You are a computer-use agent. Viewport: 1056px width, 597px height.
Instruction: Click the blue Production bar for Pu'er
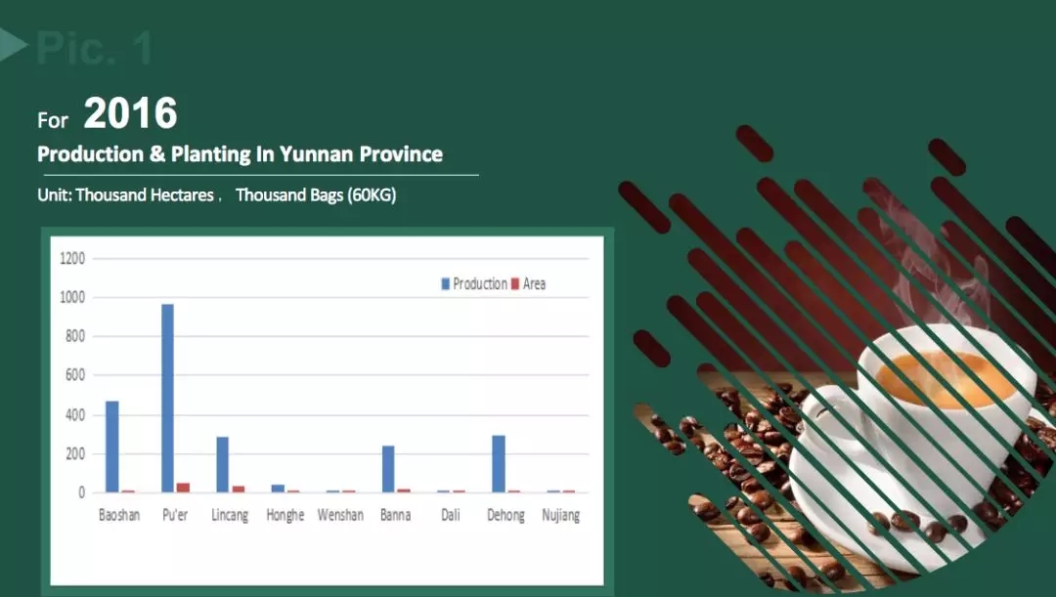pos(168,398)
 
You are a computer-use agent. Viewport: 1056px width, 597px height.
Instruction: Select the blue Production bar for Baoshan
pos(111,447)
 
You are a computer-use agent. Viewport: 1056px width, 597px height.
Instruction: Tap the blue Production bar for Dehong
pos(499,464)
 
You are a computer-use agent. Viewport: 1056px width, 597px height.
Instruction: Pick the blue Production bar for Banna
pos(388,469)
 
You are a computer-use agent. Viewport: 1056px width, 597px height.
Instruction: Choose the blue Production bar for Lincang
pos(222,464)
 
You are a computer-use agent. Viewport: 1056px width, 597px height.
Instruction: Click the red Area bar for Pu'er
pos(183,488)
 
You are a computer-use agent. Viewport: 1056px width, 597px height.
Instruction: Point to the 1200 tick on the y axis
pos(72,259)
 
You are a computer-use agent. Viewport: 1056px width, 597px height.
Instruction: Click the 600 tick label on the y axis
pos(74,375)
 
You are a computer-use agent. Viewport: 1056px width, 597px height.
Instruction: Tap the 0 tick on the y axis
pos(81,492)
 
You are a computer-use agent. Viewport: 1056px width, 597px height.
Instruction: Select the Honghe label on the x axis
pos(285,515)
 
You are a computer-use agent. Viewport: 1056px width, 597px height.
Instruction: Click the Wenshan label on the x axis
pos(340,515)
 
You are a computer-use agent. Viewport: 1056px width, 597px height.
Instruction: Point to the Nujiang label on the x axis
pos(561,516)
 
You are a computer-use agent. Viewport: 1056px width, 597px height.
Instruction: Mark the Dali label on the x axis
pos(451,515)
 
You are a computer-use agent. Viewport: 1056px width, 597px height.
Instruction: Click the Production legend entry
pos(474,284)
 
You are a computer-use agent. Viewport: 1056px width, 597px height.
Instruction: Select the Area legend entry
pos(529,284)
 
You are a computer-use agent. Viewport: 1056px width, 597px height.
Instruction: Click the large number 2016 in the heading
pos(131,113)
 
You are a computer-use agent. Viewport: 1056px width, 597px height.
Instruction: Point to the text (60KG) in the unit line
pos(372,195)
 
